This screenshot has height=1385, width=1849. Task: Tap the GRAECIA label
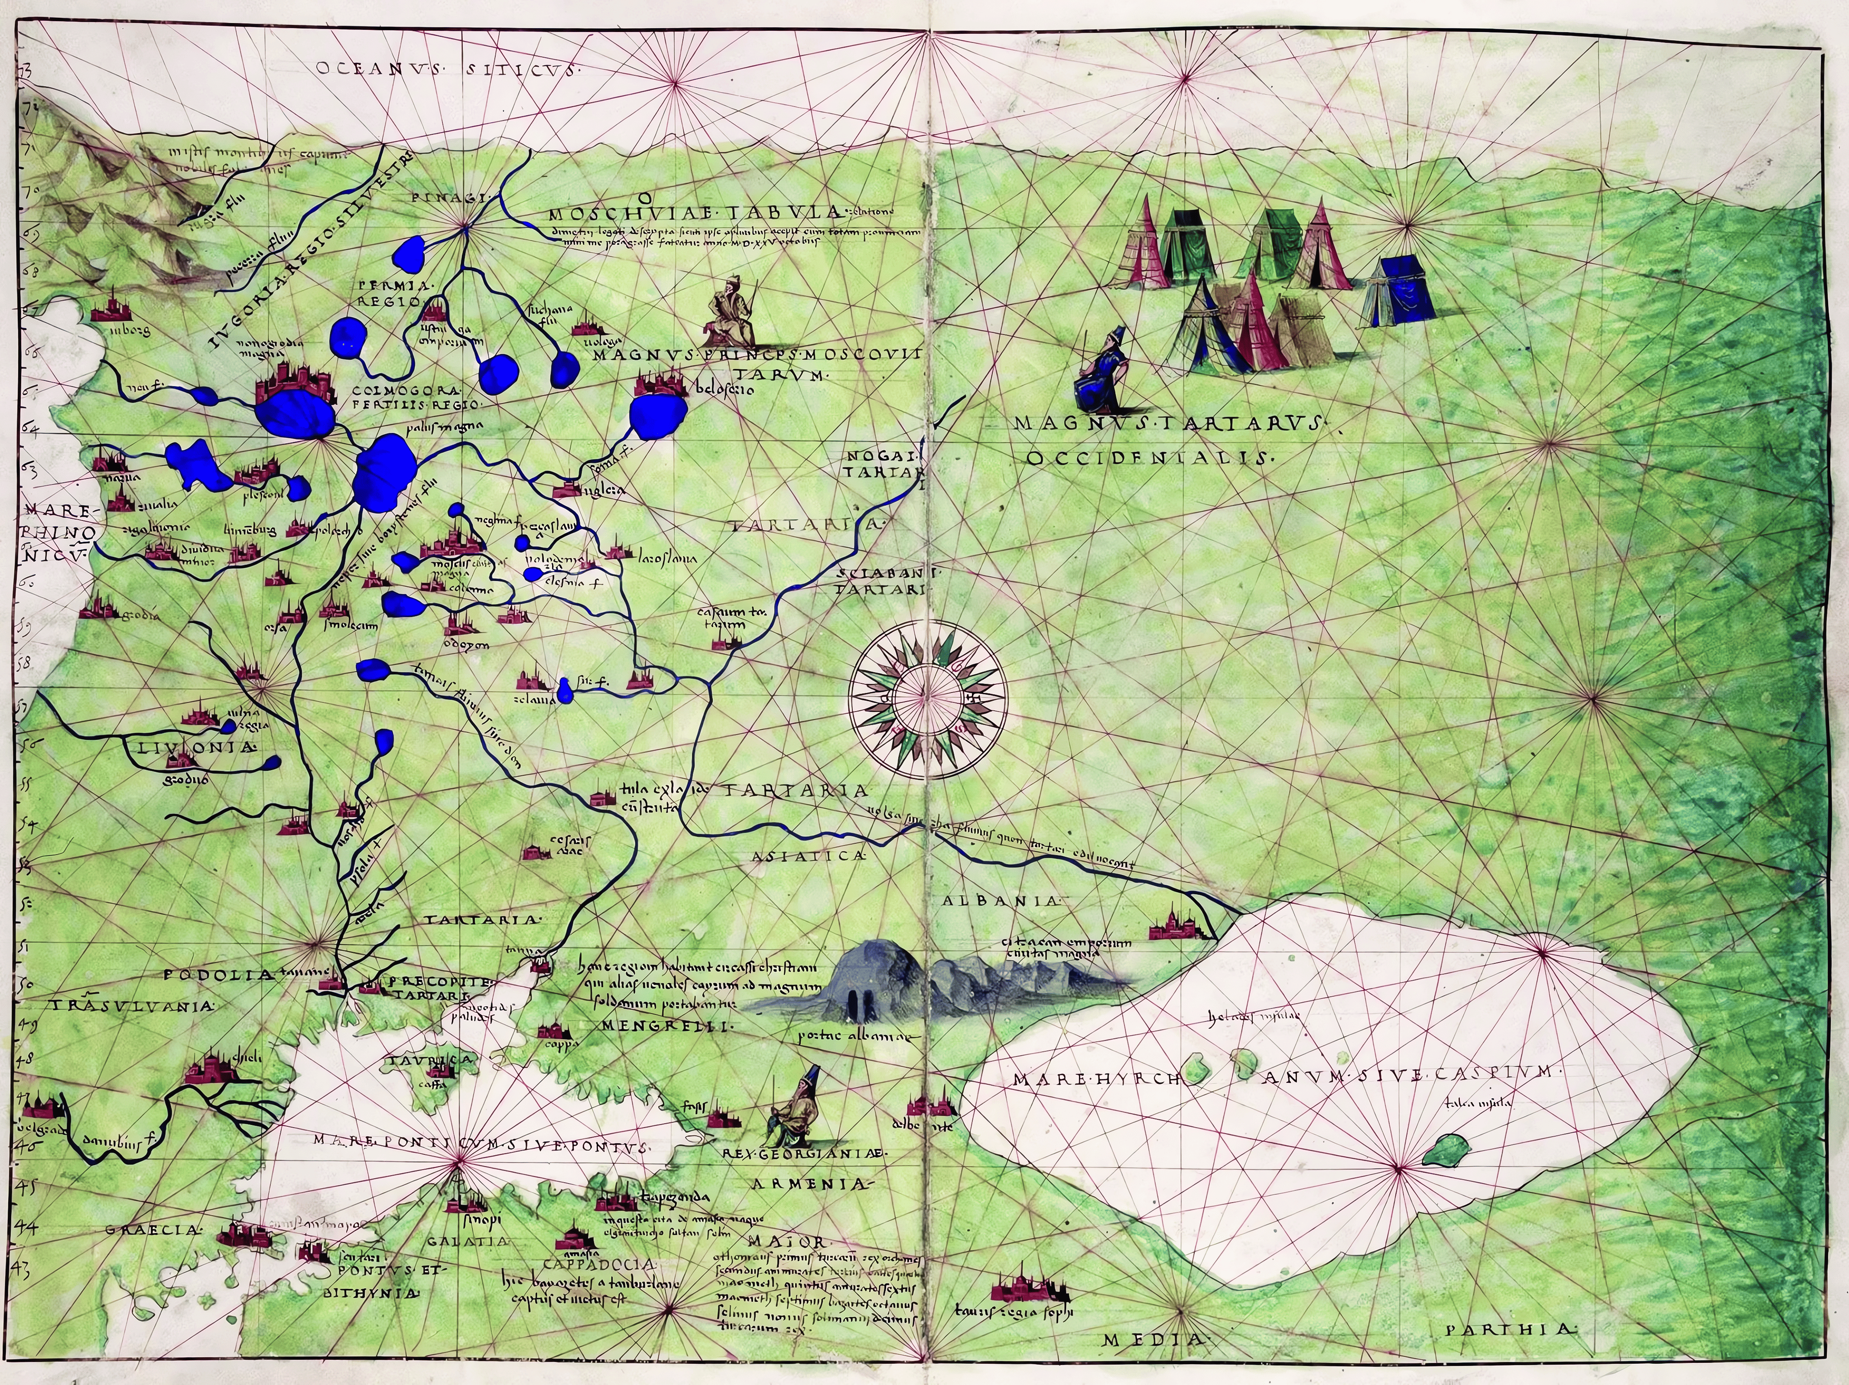tap(155, 1230)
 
